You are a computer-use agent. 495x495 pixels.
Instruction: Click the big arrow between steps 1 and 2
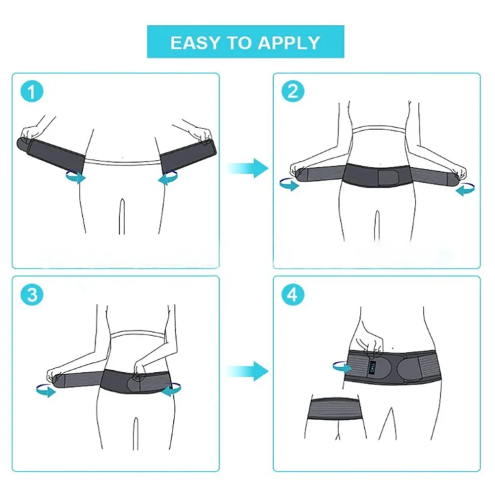pyautogui.click(x=247, y=168)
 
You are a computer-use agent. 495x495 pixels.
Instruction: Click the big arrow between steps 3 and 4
pyautogui.click(x=247, y=370)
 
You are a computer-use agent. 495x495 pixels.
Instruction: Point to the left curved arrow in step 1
pyautogui.click(x=75, y=177)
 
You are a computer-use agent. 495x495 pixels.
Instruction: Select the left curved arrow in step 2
pyautogui.click(x=289, y=184)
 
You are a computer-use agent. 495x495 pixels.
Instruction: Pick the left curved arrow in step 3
pyautogui.click(x=46, y=391)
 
